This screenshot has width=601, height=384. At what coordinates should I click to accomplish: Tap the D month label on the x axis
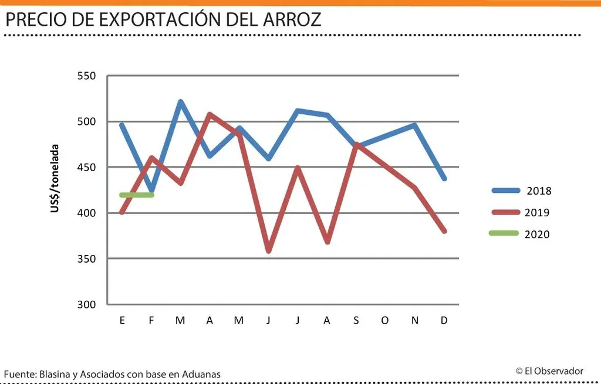(x=444, y=320)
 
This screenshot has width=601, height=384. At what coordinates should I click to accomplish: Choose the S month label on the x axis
(x=356, y=320)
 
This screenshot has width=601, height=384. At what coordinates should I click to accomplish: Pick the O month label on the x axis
(x=385, y=320)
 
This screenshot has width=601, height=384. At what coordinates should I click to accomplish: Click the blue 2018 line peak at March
(x=180, y=102)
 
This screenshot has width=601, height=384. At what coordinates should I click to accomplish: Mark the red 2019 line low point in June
(x=268, y=251)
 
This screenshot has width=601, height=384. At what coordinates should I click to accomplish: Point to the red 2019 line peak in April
(x=210, y=114)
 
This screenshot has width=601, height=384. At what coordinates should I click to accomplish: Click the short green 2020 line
(x=136, y=195)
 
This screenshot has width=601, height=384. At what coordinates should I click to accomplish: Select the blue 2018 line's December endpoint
(x=444, y=178)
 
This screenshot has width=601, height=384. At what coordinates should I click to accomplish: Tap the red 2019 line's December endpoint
(x=444, y=231)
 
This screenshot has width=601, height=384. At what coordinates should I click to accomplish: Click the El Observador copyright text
(x=549, y=371)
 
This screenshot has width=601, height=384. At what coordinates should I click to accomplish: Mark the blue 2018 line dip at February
(x=152, y=191)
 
